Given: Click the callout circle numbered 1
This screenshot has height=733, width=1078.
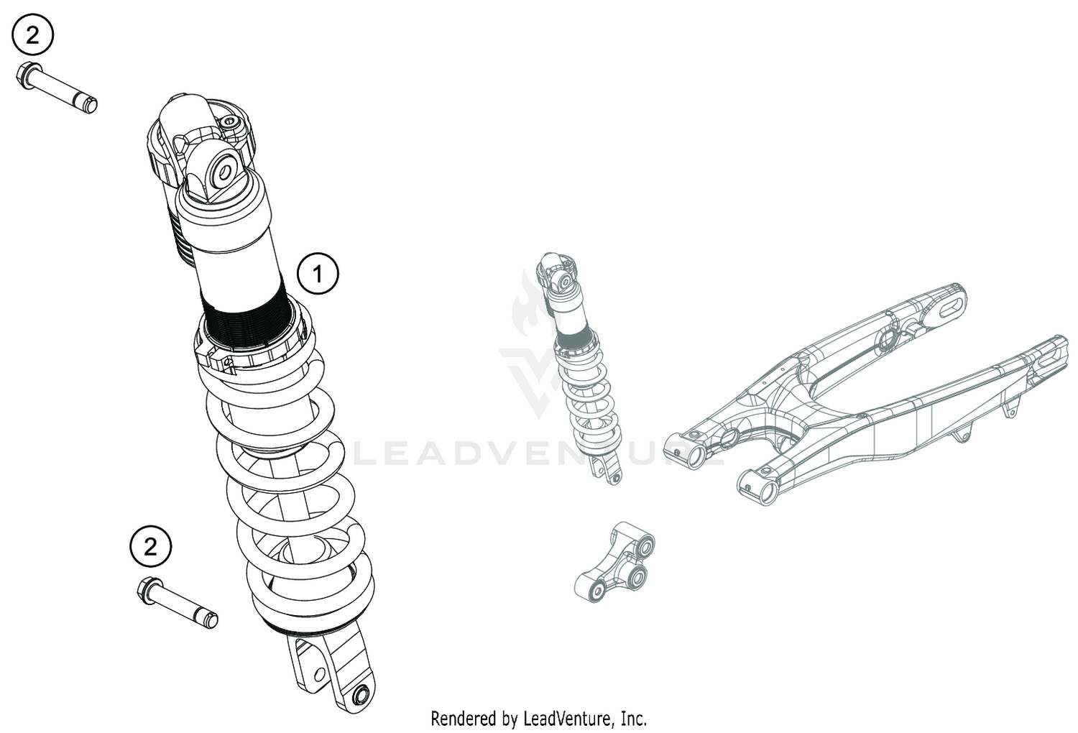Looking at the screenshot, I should (317, 273).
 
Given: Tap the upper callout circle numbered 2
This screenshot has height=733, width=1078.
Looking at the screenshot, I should (32, 35).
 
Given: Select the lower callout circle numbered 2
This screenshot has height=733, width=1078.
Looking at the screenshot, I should (150, 548).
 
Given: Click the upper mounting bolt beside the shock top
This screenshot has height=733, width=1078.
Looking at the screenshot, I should (60, 89).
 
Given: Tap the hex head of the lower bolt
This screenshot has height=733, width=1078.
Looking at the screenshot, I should (147, 590).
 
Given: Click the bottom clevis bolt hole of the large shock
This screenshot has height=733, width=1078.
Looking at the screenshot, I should (361, 695).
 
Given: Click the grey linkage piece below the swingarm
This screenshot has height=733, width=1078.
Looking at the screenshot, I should (617, 566).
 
